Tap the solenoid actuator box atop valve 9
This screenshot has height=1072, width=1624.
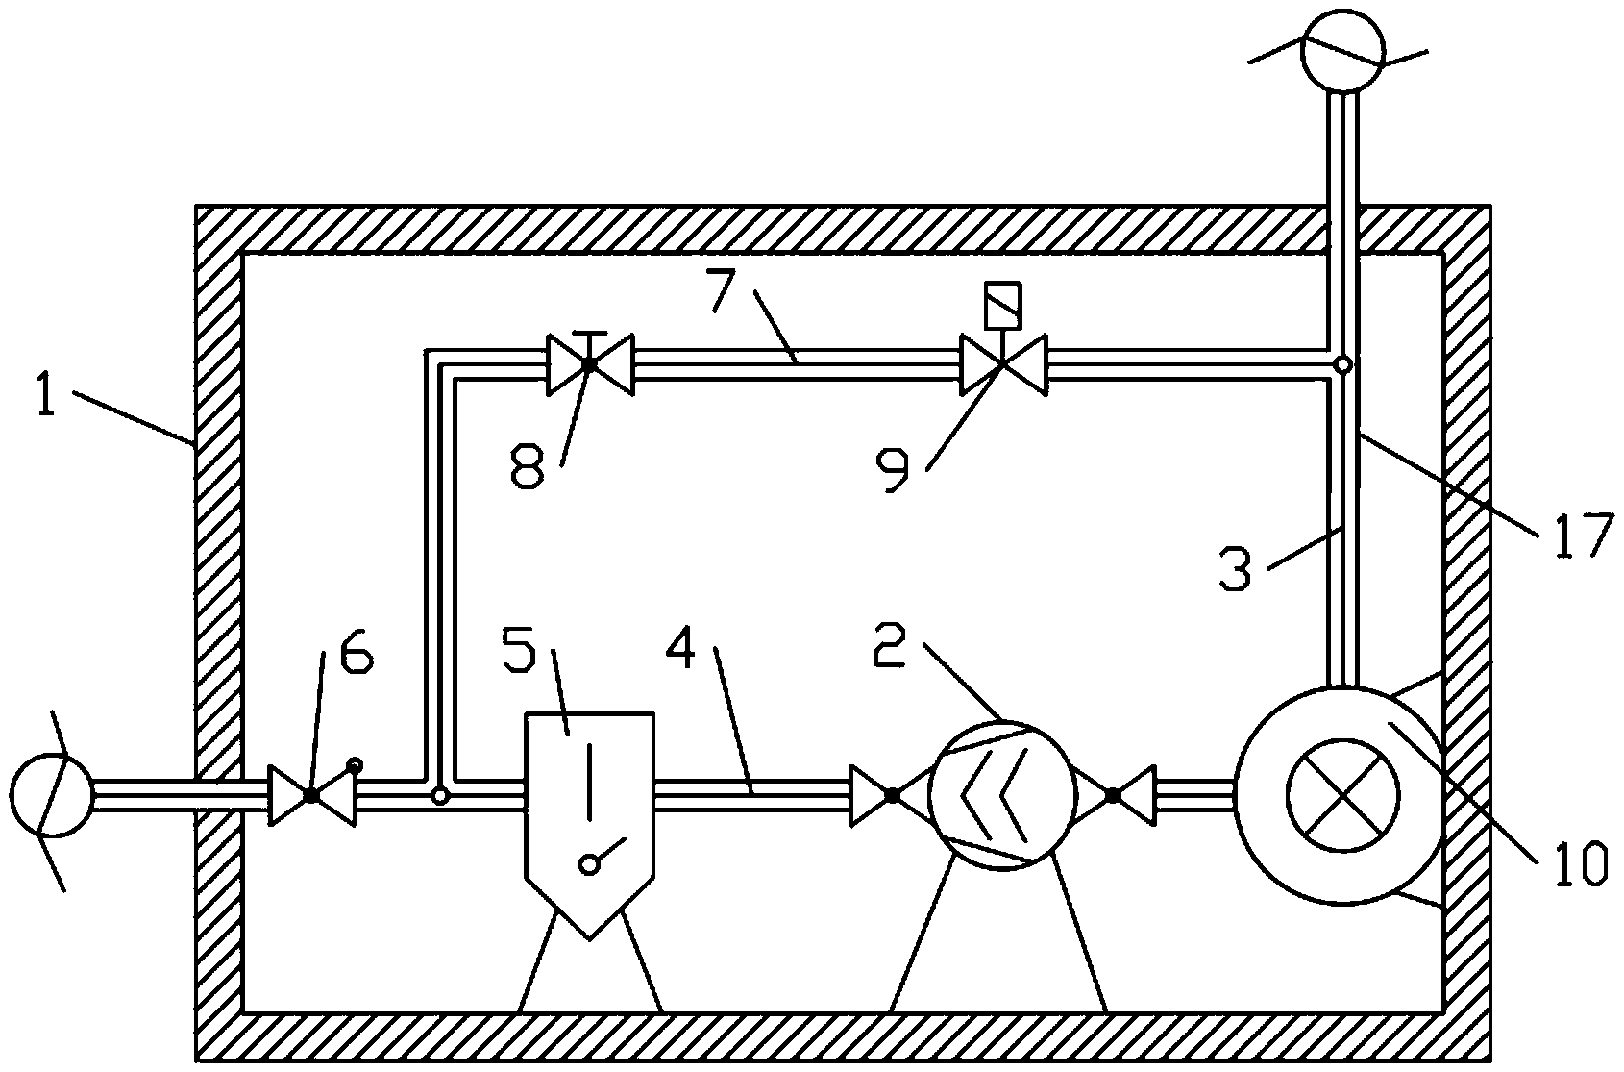[1002, 305]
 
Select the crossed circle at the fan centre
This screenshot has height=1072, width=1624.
[1343, 795]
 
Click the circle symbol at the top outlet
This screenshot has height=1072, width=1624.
[1343, 50]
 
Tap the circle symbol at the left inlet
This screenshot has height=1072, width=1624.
[52, 795]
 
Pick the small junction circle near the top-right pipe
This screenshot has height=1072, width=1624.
[1343, 364]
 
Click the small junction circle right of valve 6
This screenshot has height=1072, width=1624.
[439, 796]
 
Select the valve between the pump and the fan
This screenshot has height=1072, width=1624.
[1113, 796]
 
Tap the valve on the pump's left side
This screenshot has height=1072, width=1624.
[893, 796]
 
